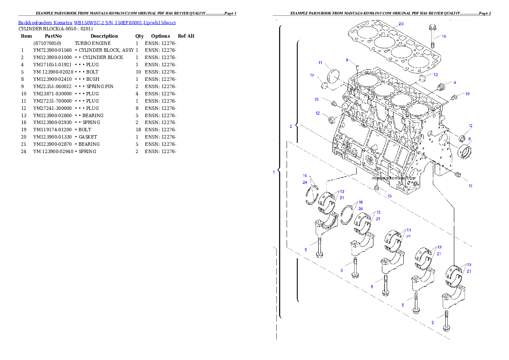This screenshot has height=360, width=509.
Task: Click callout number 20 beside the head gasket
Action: pos(401,24)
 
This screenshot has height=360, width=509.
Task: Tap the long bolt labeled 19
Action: pos(432,39)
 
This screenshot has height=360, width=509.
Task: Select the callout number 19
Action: pos(444,36)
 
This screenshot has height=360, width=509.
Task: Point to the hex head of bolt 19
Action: pos(432,29)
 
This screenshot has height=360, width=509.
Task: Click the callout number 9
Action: pos(347,60)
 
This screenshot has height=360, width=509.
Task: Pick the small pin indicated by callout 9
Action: pos(356,66)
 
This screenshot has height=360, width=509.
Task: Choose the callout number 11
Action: pos(320,63)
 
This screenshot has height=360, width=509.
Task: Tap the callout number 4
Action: pos(454,82)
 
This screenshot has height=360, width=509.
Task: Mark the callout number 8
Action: pos(469,139)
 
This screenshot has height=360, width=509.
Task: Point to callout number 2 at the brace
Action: pos(291,126)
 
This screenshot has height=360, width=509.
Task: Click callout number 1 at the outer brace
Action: pos(274,172)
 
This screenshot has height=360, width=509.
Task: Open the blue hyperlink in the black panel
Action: pos(97,22)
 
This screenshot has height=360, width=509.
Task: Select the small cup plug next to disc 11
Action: pos(324,86)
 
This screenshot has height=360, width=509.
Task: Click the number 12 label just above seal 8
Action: pos(470,126)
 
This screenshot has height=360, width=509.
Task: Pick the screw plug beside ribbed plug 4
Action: pos(455,97)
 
